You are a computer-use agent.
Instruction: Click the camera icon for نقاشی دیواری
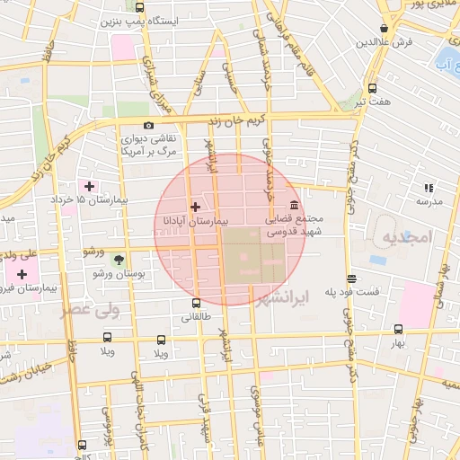point(148,126)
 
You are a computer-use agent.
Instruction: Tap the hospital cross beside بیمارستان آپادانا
point(196,207)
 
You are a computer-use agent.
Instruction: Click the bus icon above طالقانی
point(197,304)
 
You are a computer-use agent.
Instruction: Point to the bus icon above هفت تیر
point(372,88)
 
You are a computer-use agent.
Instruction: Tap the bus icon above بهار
point(398,329)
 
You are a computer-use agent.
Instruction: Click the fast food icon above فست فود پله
point(351,279)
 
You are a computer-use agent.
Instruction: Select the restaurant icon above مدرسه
point(429,188)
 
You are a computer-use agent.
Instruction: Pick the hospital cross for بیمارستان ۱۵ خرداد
point(90,185)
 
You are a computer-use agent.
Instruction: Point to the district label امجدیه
point(406,237)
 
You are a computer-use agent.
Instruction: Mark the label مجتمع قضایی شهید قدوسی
point(295,225)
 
